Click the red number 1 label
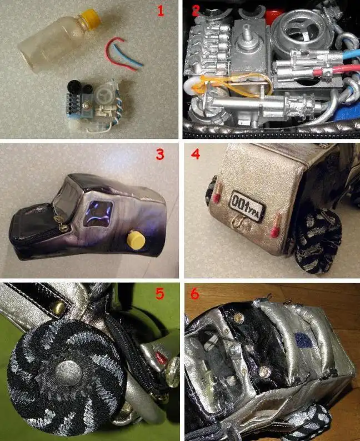(161, 11)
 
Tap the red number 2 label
(196, 10)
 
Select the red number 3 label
(160, 154)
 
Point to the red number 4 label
(196, 154)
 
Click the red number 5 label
(160, 293)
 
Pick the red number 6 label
(194, 293)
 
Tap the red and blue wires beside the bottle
(123, 54)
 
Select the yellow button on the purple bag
(136, 240)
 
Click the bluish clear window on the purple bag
(98, 213)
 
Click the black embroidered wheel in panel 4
(318, 241)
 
